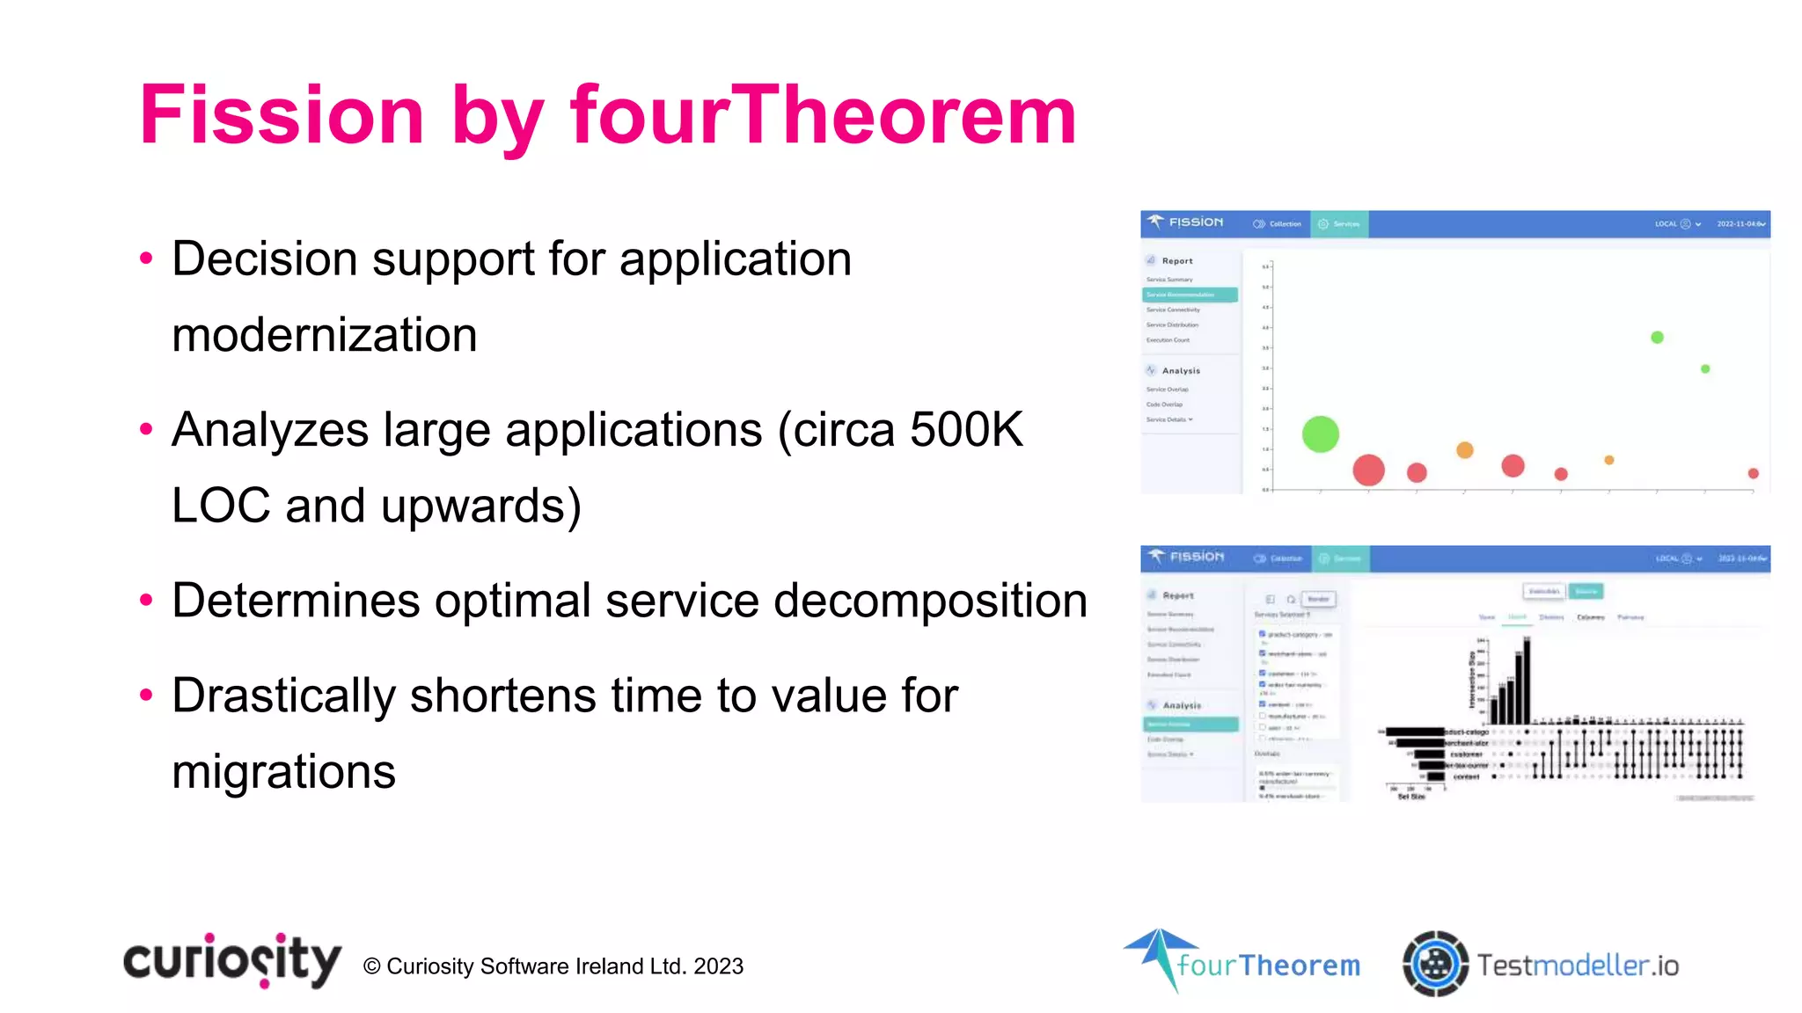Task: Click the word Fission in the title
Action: pyautogui.click(x=282, y=115)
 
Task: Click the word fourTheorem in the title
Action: pyautogui.click(x=823, y=115)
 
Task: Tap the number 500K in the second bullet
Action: pyautogui.click(x=965, y=430)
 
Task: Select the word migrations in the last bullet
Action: pyautogui.click(x=283, y=771)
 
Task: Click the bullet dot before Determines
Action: pyautogui.click(x=146, y=601)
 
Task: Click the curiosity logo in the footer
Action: pyautogui.click(x=231, y=960)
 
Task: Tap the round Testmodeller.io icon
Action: pyautogui.click(x=1434, y=964)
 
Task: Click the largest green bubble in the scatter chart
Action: pyautogui.click(x=1320, y=434)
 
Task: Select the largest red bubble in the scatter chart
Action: pyautogui.click(x=1368, y=470)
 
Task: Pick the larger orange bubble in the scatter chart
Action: pyautogui.click(x=1464, y=450)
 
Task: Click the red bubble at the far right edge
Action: pyautogui.click(x=1753, y=473)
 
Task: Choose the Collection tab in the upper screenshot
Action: pyautogui.click(x=1278, y=224)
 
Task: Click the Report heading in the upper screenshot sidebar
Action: pyautogui.click(x=1177, y=261)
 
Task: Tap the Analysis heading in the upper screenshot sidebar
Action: pyautogui.click(x=1180, y=371)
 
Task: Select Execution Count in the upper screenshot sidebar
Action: pyautogui.click(x=1168, y=340)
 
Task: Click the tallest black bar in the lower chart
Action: pyautogui.click(x=1527, y=681)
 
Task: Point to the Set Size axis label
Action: pyautogui.click(x=1411, y=797)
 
